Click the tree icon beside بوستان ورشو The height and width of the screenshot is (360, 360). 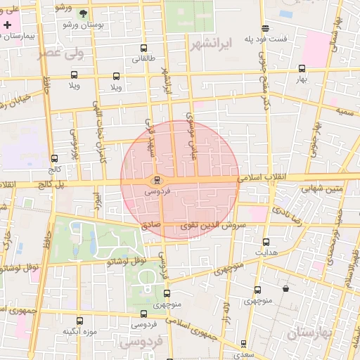click(x=84, y=13)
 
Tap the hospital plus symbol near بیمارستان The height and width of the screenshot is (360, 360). click(x=7, y=25)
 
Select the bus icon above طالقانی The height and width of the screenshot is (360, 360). click(x=144, y=49)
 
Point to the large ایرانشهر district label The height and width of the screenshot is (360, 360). click(x=211, y=44)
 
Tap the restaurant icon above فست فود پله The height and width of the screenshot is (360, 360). click(x=265, y=29)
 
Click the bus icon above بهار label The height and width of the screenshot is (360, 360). click(x=302, y=69)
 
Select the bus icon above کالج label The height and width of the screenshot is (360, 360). click(x=55, y=159)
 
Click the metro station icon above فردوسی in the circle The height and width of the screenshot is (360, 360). click(x=157, y=179)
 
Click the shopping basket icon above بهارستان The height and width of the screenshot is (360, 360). click(x=285, y=288)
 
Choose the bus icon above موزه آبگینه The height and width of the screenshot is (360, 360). click(x=79, y=320)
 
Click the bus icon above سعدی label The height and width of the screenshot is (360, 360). click(x=243, y=344)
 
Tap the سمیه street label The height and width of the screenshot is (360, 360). click(x=344, y=111)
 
